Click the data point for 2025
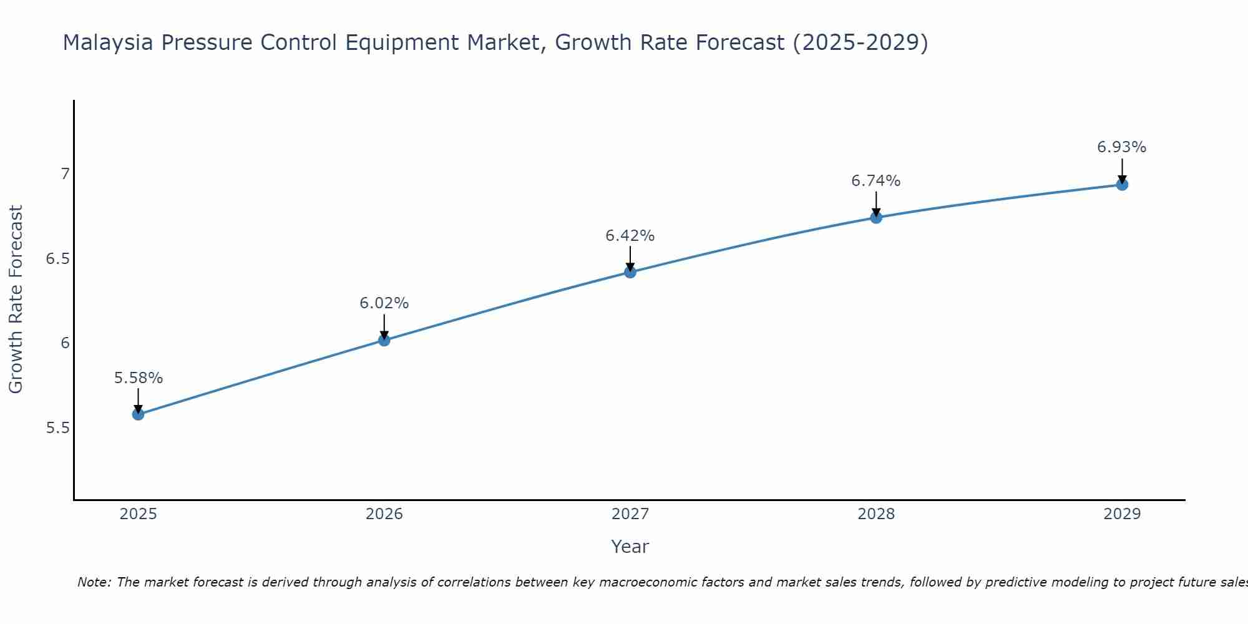139,414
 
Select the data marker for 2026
384,340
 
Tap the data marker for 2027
630,272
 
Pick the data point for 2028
876,217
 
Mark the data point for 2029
1122,185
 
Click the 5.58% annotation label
139,378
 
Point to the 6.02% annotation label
384,303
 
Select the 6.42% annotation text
630,236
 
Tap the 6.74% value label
876,181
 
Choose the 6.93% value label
1122,147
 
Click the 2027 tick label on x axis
630,514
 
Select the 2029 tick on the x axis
1122,514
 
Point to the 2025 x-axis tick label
139,514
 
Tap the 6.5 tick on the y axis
57,258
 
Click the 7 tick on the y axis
65,173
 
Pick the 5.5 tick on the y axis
57,428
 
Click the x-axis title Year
630,547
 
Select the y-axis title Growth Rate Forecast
16,300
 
